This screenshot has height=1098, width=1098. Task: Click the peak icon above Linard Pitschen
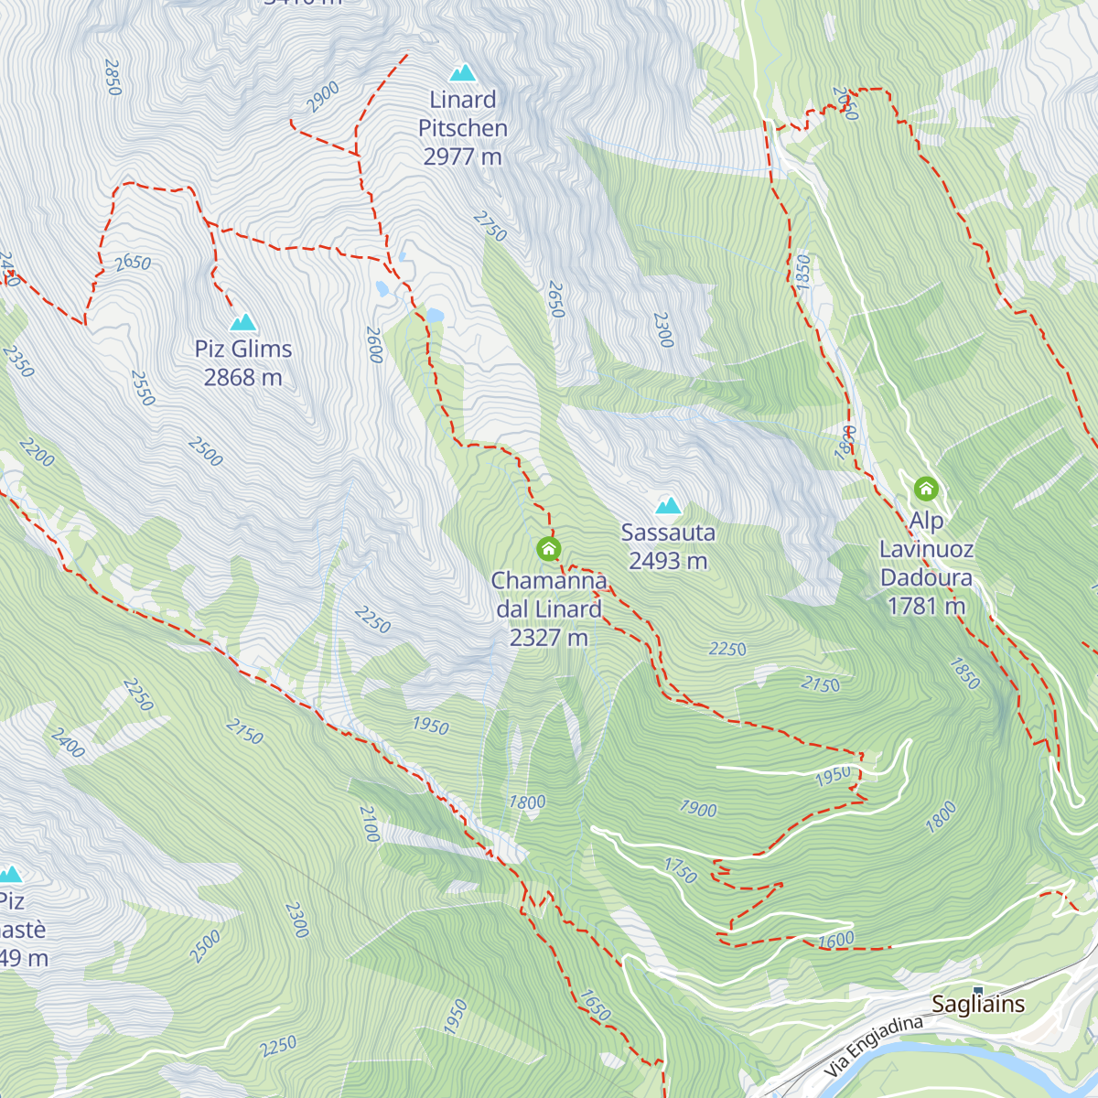coord(463,72)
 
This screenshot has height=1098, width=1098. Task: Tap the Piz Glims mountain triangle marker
coord(242,322)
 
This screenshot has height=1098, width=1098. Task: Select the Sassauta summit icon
coord(668,505)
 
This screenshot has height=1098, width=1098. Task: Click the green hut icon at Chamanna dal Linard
coord(548,549)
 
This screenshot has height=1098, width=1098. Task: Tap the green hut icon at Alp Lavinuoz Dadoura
coord(926,489)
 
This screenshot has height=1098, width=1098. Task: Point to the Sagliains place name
coord(978,1005)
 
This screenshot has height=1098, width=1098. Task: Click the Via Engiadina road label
coord(873,1046)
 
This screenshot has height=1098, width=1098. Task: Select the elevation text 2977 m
coord(462,157)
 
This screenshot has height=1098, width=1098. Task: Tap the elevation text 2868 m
coord(242,378)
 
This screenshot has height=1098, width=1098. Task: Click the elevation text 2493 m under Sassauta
coord(668,561)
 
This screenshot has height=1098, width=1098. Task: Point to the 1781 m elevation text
coord(926,607)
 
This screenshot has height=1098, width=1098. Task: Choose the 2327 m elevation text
coord(548,638)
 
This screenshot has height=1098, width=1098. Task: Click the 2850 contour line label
coord(113,78)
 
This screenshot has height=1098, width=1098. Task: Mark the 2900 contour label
coord(323,97)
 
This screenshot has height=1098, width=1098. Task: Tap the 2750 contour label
coord(490,226)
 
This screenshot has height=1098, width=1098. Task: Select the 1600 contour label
coord(835,940)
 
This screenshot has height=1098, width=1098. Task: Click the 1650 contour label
coord(595,1006)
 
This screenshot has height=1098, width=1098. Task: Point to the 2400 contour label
coord(68,743)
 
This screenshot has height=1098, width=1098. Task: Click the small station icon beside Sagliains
coord(977,990)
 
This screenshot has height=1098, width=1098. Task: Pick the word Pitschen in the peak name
coord(462,128)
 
